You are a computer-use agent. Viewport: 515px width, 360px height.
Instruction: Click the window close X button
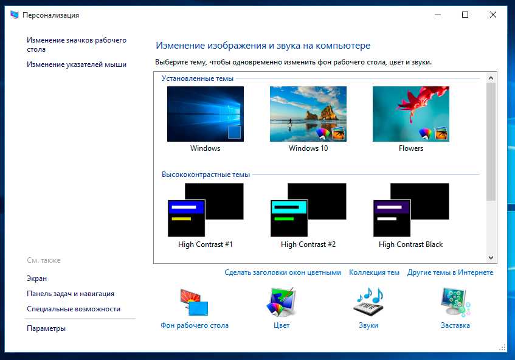pos(493,15)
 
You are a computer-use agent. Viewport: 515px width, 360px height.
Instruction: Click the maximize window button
pos(465,15)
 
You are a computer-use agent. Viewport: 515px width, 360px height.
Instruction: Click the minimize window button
pos(438,15)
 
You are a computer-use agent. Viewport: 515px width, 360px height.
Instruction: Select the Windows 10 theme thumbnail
pos(308,114)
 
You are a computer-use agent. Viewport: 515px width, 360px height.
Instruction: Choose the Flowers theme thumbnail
pos(411,114)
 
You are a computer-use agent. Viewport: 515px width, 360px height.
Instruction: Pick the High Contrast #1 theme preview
pos(206,210)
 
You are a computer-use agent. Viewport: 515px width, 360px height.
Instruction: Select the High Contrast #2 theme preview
pos(308,210)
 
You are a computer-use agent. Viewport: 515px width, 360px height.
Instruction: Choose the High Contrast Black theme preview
pos(411,210)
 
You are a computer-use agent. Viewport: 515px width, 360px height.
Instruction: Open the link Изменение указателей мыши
pos(77,64)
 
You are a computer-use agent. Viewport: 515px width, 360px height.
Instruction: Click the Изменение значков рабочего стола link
pos(77,44)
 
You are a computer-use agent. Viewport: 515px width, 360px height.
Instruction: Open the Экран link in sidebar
pos(36,279)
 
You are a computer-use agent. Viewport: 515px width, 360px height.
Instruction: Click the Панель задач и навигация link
pos(71,294)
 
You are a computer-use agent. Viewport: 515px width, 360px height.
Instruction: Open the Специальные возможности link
pos(74,309)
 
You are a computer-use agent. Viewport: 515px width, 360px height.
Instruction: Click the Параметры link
pos(46,328)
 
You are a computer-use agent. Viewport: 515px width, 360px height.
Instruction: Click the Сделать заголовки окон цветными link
pos(283,272)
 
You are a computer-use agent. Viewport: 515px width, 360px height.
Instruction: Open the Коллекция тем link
pos(374,272)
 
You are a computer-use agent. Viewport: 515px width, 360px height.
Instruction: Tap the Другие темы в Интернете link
pos(451,272)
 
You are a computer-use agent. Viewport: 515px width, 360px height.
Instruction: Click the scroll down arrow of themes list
pos(491,258)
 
